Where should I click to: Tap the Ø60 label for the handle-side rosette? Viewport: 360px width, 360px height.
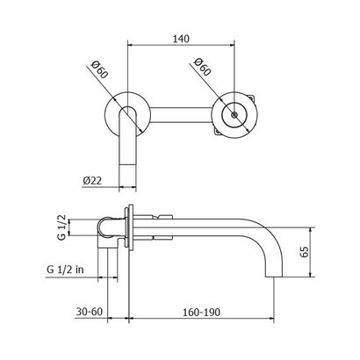pyautogui.click(x=200, y=68)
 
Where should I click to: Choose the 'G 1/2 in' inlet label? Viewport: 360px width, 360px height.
pyautogui.click(x=68, y=272)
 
